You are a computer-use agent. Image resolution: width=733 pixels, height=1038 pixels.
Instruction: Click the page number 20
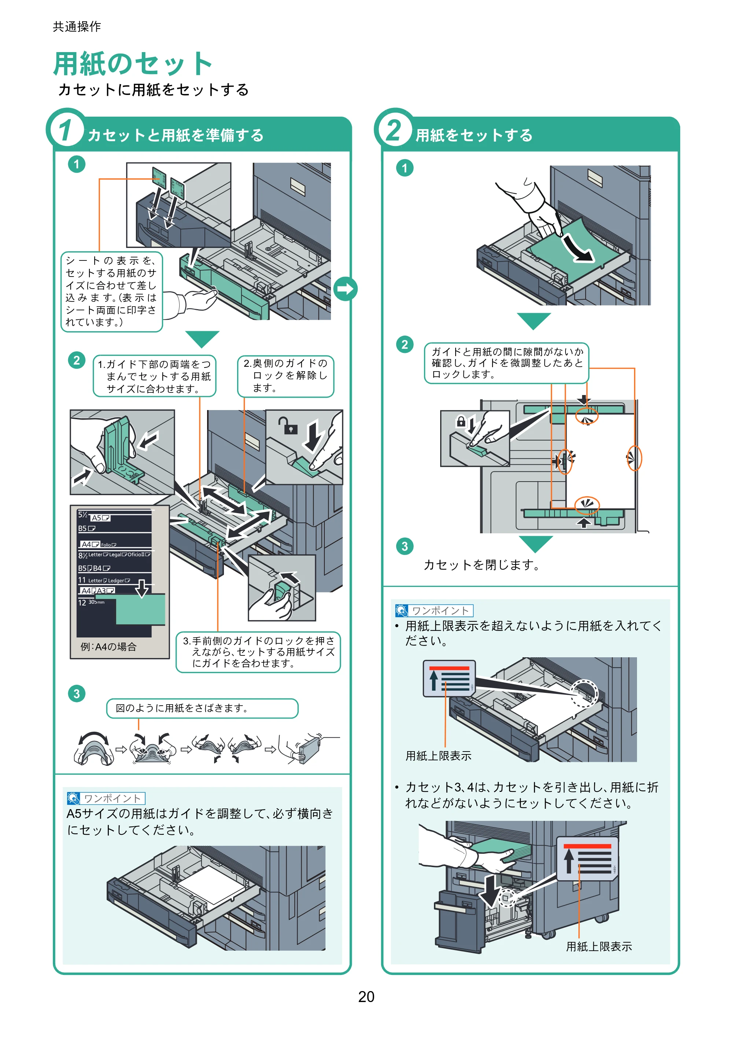click(x=366, y=997)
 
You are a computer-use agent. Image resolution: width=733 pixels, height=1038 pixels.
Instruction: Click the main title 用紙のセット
click(x=133, y=63)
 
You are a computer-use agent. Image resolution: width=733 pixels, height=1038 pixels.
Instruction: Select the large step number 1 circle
click(x=66, y=128)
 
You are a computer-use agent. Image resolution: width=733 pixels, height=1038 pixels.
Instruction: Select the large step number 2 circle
click(x=393, y=128)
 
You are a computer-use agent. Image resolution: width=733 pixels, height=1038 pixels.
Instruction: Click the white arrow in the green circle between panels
click(x=346, y=289)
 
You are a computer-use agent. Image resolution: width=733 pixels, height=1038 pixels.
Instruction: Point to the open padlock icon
click(x=287, y=425)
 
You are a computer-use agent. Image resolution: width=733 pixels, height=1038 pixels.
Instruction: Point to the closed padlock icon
click(x=461, y=421)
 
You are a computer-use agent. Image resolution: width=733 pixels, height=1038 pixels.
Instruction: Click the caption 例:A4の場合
click(x=108, y=647)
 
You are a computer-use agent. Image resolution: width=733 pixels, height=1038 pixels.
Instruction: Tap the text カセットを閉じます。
click(x=482, y=564)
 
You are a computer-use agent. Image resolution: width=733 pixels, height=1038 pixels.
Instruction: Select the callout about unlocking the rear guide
click(x=286, y=376)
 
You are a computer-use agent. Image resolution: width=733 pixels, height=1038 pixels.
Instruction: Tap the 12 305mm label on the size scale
click(x=91, y=602)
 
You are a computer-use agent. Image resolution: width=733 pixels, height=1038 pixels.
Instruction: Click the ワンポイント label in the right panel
click(x=434, y=611)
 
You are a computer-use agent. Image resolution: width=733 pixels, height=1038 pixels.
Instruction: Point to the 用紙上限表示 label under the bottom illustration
click(x=599, y=946)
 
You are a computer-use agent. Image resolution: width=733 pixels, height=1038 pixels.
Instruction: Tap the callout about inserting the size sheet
click(x=111, y=292)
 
